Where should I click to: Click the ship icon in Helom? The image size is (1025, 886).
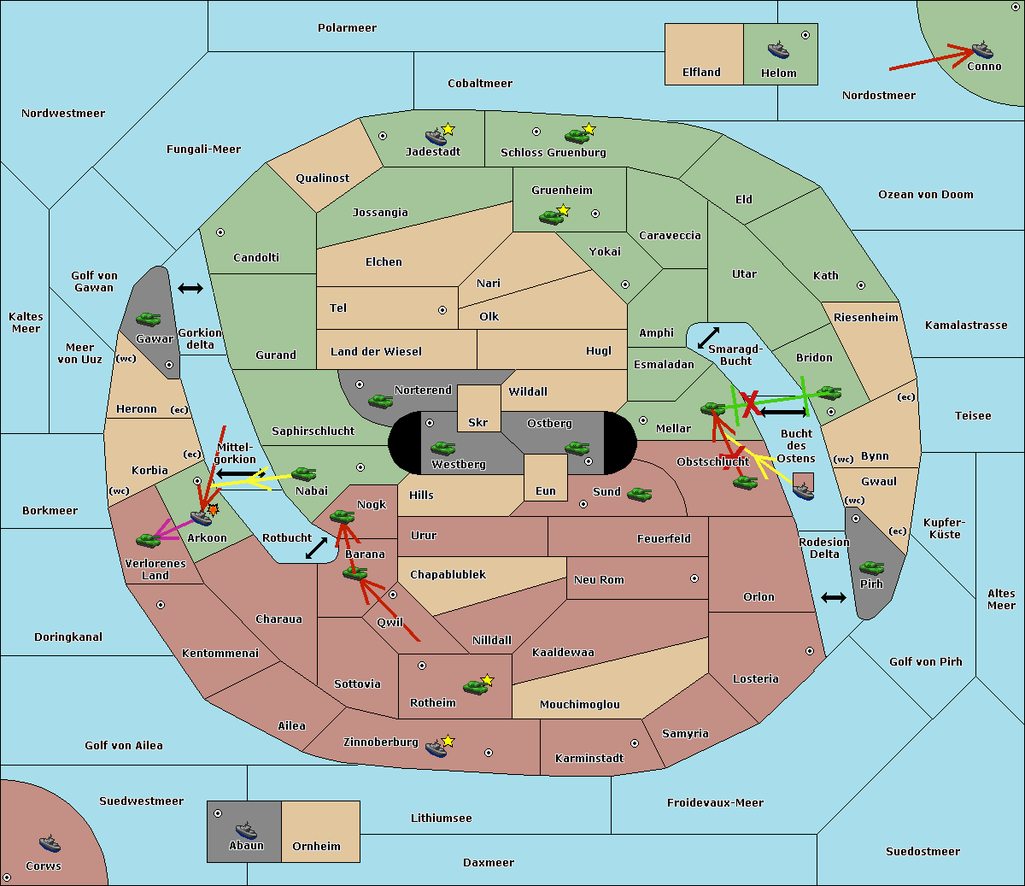click(778, 49)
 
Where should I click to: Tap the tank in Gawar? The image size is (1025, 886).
click(148, 320)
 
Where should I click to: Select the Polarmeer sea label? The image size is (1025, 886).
click(347, 28)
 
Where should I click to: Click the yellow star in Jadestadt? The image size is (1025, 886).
click(448, 130)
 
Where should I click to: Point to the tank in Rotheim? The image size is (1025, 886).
click(475, 687)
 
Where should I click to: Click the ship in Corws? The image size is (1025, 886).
click(50, 843)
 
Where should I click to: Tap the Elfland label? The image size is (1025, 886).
click(701, 73)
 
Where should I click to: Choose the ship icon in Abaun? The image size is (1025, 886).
click(246, 830)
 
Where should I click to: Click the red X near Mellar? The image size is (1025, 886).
click(749, 403)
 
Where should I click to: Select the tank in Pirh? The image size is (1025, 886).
click(871, 567)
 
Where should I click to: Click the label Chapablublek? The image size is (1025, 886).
click(448, 574)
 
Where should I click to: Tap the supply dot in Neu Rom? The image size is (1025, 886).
click(694, 578)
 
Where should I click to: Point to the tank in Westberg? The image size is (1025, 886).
click(442, 448)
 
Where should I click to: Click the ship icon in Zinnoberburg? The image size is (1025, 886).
click(436, 748)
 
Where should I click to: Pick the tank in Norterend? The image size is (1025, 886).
click(380, 401)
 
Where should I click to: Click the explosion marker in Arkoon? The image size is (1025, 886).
click(214, 509)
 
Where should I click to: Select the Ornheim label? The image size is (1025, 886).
click(316, 846)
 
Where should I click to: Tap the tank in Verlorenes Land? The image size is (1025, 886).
click(148, 540)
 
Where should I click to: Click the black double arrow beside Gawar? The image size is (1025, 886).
click(190, 288)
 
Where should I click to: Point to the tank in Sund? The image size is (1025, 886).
click(639, 494)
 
